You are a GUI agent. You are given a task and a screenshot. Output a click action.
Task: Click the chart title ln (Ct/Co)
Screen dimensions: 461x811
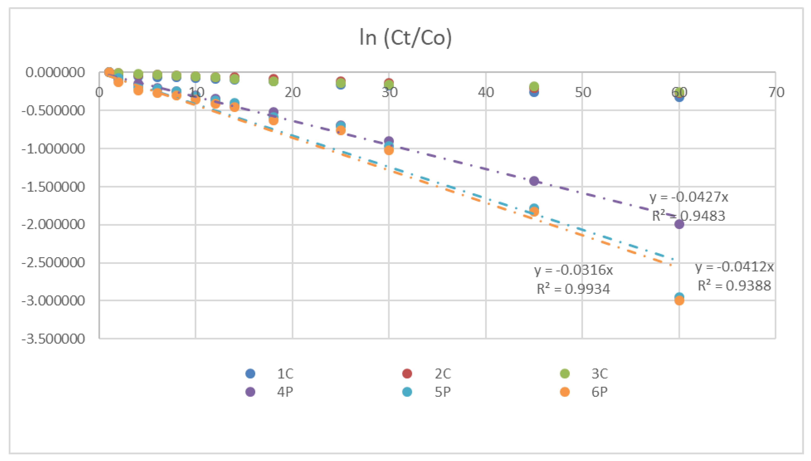pyautogui.click(x=405, y=38)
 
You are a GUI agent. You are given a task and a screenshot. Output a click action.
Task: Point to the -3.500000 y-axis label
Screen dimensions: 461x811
pyautogui.click(x=53, y=339)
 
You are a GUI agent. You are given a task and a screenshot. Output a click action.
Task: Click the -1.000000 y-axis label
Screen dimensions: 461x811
pyautogui.click(x=53, y=149)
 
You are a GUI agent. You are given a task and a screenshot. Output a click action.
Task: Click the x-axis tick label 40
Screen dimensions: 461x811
pyautogui.click(x=486, y=93)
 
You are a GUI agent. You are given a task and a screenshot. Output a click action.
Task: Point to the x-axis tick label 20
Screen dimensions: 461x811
pyautogui.click(x=292, y=93)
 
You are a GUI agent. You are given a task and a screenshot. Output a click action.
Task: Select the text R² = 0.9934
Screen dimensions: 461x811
pyautogui.click(x=573, y=289)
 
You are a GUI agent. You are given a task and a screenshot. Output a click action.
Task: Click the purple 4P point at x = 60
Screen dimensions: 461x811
pyautogui.click(x=679, y=224)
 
